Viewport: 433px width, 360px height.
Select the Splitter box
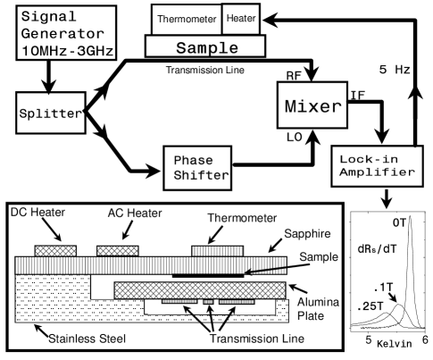[x=52, y=113]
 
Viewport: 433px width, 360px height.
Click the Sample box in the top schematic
[x=205, y=46]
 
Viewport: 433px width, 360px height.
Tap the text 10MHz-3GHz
[x=68, y=49]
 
